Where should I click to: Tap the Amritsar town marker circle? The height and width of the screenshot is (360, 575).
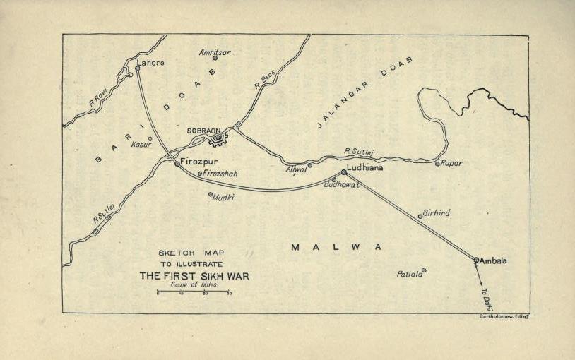[x=215, y=58]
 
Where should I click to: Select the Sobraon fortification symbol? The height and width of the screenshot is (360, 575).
[x=217, y=139]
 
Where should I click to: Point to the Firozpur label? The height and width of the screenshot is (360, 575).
[x=199, y=162]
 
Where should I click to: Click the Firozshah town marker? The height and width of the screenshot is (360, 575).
[x=200, y=173]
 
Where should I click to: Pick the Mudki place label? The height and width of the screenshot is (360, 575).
[x=224, y=198]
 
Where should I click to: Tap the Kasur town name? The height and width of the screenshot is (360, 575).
[x=142, y=144]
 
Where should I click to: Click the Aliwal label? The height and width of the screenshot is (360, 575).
[x=297, y=169]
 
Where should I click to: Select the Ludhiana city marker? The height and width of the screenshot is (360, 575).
[x=344, y=172]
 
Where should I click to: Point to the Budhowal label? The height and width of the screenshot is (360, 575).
[x=341, y=184]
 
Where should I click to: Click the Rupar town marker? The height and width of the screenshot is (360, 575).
[x=437, y=164]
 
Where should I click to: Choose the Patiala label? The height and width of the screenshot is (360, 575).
[x=409, y=274]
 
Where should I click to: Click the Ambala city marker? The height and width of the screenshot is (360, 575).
[x=476, y=260]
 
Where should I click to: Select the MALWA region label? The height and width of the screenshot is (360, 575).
[x=336, y=247]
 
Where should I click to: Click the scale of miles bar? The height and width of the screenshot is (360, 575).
[x=194, y=291]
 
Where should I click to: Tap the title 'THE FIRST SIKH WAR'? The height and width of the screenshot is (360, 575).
[x=194, y=276]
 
